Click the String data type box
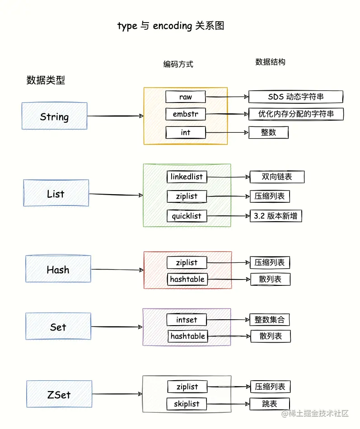[x=54, y=117]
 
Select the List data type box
[x=56, y=193]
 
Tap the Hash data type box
[x=58, y=269]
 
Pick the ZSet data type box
[x=59, y=394]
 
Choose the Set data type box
[x=58, y=326]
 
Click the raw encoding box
[x=185, y=97]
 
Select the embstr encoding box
[x=185, y=114]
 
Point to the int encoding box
[x=185, y=132]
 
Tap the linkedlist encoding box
[x=187, y=177]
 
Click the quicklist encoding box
[x=187, y=216]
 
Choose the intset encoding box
[x=187, y=320]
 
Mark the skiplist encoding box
[x=187, y=404]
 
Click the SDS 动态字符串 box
[x=296, y=97]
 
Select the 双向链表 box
[x=277, y=177]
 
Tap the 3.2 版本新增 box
[x=276, y=216]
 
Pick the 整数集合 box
[x=270, y=320]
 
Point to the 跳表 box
[x=270, y=404]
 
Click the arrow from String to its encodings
[x=115, y=116]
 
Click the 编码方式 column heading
[x=178, y=64]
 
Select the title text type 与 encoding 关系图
[x=171, y=26]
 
